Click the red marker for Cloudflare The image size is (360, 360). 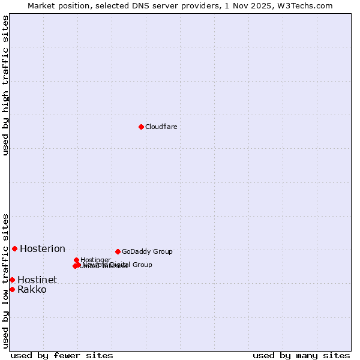[141, 127]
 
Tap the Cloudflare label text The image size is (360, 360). [161, 127]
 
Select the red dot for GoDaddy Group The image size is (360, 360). [118, 251]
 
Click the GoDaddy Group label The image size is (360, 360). [147, 251]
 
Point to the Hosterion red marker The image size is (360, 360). [14, 248]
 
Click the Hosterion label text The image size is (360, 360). [43, 249]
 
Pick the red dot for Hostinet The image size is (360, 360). [12, 280]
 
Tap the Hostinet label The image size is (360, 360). [37, 280]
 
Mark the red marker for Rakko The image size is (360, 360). [12, 289]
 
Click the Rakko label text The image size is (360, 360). [32, 290]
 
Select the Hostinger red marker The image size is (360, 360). [77, 260]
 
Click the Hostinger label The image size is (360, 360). [95, 260]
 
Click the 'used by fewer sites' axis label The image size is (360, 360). [62, 355]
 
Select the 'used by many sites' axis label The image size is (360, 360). [301, 355]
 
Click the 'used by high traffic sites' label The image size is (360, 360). [5, 85]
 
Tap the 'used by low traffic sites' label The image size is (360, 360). [5, 281]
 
